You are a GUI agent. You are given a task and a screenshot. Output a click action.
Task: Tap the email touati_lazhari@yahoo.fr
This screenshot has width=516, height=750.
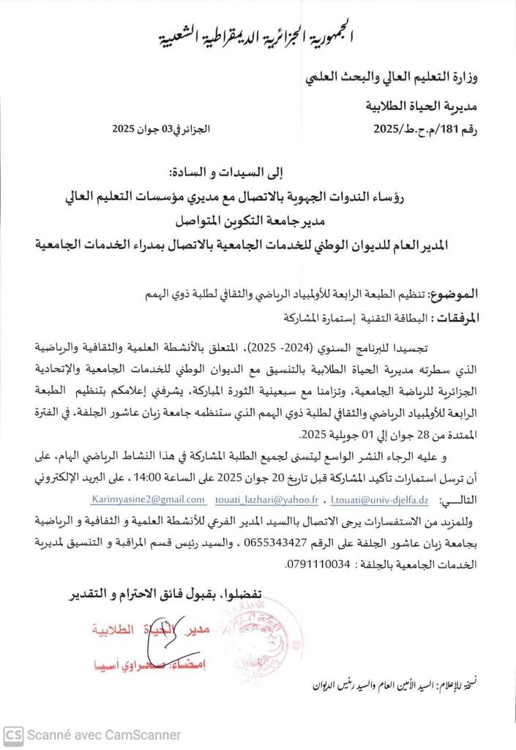[x=267, y=499]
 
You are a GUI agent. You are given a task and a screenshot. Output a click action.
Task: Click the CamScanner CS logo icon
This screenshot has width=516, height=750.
[x=12, y=734]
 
